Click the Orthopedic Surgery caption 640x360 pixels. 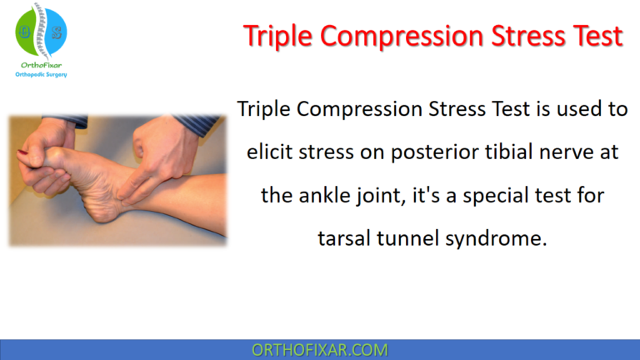(x=41, y=75)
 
